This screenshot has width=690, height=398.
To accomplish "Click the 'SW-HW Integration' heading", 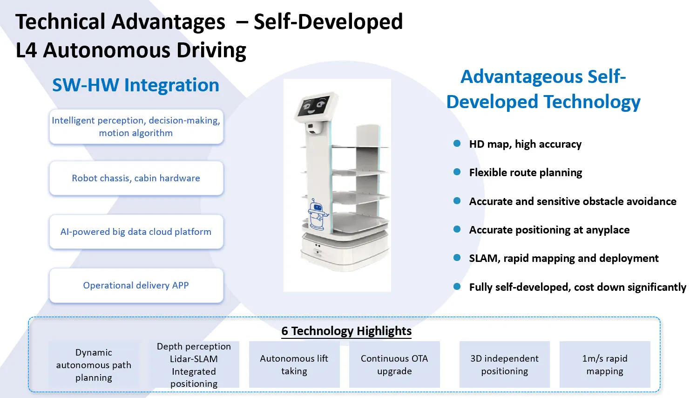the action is click(x=135, y=85).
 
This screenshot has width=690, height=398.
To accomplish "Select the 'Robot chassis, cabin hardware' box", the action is click(x=136, y=178).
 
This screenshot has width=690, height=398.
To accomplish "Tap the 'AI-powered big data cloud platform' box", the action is click(x=136, y=232).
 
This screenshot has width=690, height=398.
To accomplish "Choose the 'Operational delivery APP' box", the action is click(x=136, y=286).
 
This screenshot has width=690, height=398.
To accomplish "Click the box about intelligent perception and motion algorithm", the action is click(x=136, y=127).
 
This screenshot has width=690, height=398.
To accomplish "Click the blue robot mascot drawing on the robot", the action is click(x=317, y=215).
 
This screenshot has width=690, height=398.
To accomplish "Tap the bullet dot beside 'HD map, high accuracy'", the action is click(x=457, y=144).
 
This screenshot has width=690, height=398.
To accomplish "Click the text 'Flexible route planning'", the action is click(x=526, y=172).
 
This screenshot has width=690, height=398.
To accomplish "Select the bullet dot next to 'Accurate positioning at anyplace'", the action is click(x=457, y=229).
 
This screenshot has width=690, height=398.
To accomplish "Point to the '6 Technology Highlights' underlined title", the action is click(x=346, y=331).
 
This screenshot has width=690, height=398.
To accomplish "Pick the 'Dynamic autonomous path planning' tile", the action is click(x=94, y=365).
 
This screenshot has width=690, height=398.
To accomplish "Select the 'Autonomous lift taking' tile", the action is click(x=294, y=364).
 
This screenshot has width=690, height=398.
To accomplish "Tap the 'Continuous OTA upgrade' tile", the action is click(x=394, y=364).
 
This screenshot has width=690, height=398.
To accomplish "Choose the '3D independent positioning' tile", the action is click(x=505, y=364).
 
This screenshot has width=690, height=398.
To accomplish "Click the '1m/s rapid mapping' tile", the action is click(x=605, y=364).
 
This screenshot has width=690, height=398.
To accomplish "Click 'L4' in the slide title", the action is click(x=26, y=50).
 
